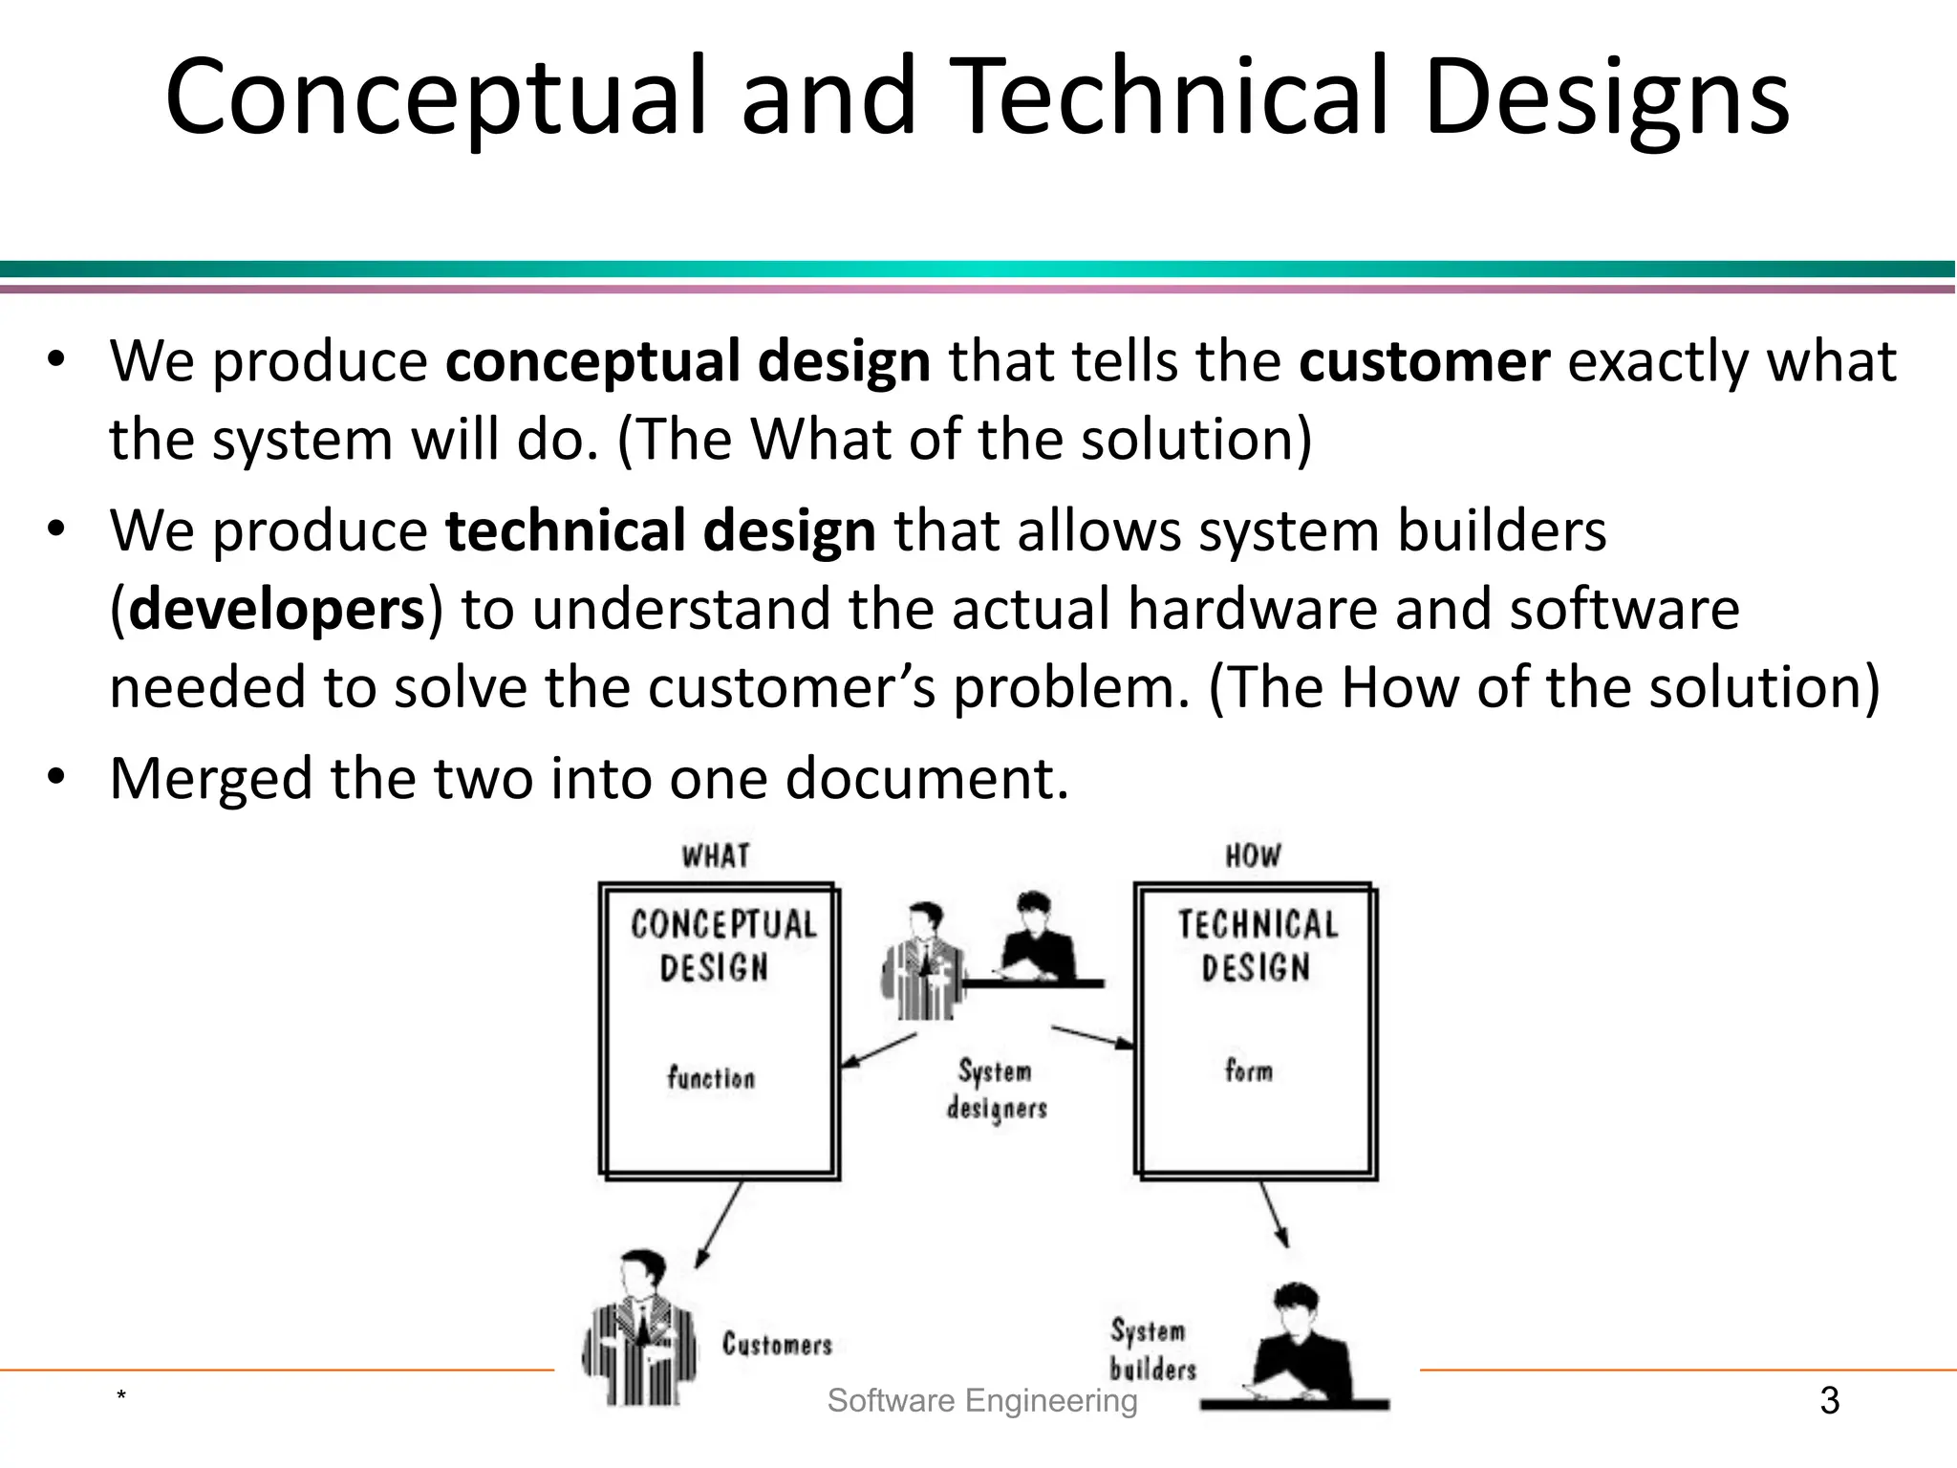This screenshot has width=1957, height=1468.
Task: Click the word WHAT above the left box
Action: click(716, 855)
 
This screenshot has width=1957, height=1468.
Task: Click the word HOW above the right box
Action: click(1253, 855)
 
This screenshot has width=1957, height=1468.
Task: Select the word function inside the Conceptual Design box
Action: click(711, 1078)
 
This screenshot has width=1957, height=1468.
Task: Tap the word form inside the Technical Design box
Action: click(1249, 1070)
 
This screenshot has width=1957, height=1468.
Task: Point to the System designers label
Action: click(997, 1090)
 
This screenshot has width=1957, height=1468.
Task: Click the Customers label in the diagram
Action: click(777, 1344)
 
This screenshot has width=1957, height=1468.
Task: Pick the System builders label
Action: click(1151, 1349)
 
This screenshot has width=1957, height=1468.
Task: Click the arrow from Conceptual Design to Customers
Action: click(719, 1224)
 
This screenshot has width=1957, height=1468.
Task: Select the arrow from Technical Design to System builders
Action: click(1274, 1214)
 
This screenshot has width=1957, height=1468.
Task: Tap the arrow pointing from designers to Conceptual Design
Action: click(879, 1050)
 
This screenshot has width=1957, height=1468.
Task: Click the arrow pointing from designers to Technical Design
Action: click(1092, 1038)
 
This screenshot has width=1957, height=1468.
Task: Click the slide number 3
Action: click(1829, 1401)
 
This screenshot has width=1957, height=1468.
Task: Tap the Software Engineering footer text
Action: click(982, 1401)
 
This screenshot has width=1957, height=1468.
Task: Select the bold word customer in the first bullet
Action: click(1424, 361)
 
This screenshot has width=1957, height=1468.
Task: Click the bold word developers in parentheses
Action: click(276, 610)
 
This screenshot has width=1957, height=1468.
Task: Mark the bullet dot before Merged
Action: click(56, 776)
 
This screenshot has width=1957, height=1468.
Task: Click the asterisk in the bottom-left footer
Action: click(121, 1397)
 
